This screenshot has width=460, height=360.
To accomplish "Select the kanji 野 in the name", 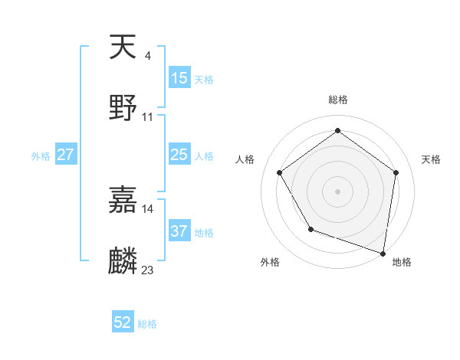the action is click(123, 108).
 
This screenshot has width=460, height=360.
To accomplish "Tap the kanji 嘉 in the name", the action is click(123, 200).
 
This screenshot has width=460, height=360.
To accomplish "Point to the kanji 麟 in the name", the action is click(123, 261).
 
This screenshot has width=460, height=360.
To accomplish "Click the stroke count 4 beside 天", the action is click(147, 55).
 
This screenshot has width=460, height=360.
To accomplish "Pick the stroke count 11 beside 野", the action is click(148, 116).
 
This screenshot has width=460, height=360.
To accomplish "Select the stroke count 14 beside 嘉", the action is click(148, 208).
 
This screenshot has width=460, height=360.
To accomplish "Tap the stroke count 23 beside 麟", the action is click(148, 270).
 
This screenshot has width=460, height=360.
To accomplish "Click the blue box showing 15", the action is click(179, 77).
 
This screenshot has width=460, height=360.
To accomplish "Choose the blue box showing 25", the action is click(179, 155).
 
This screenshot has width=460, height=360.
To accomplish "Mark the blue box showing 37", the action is click(179, 231).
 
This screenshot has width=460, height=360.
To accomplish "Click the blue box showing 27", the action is click(66, 155).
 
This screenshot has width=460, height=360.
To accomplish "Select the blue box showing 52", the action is click(123, 322).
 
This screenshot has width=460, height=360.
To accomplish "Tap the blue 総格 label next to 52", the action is click(147, 324).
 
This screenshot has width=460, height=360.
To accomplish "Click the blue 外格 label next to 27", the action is click(41, 156).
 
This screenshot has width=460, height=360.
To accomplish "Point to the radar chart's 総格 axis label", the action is click(337, 100).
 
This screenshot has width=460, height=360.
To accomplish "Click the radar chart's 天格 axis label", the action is click(432, 159).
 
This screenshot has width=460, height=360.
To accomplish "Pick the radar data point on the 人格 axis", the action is click(280, 172).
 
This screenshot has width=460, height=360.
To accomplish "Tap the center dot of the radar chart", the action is click(337, 191).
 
